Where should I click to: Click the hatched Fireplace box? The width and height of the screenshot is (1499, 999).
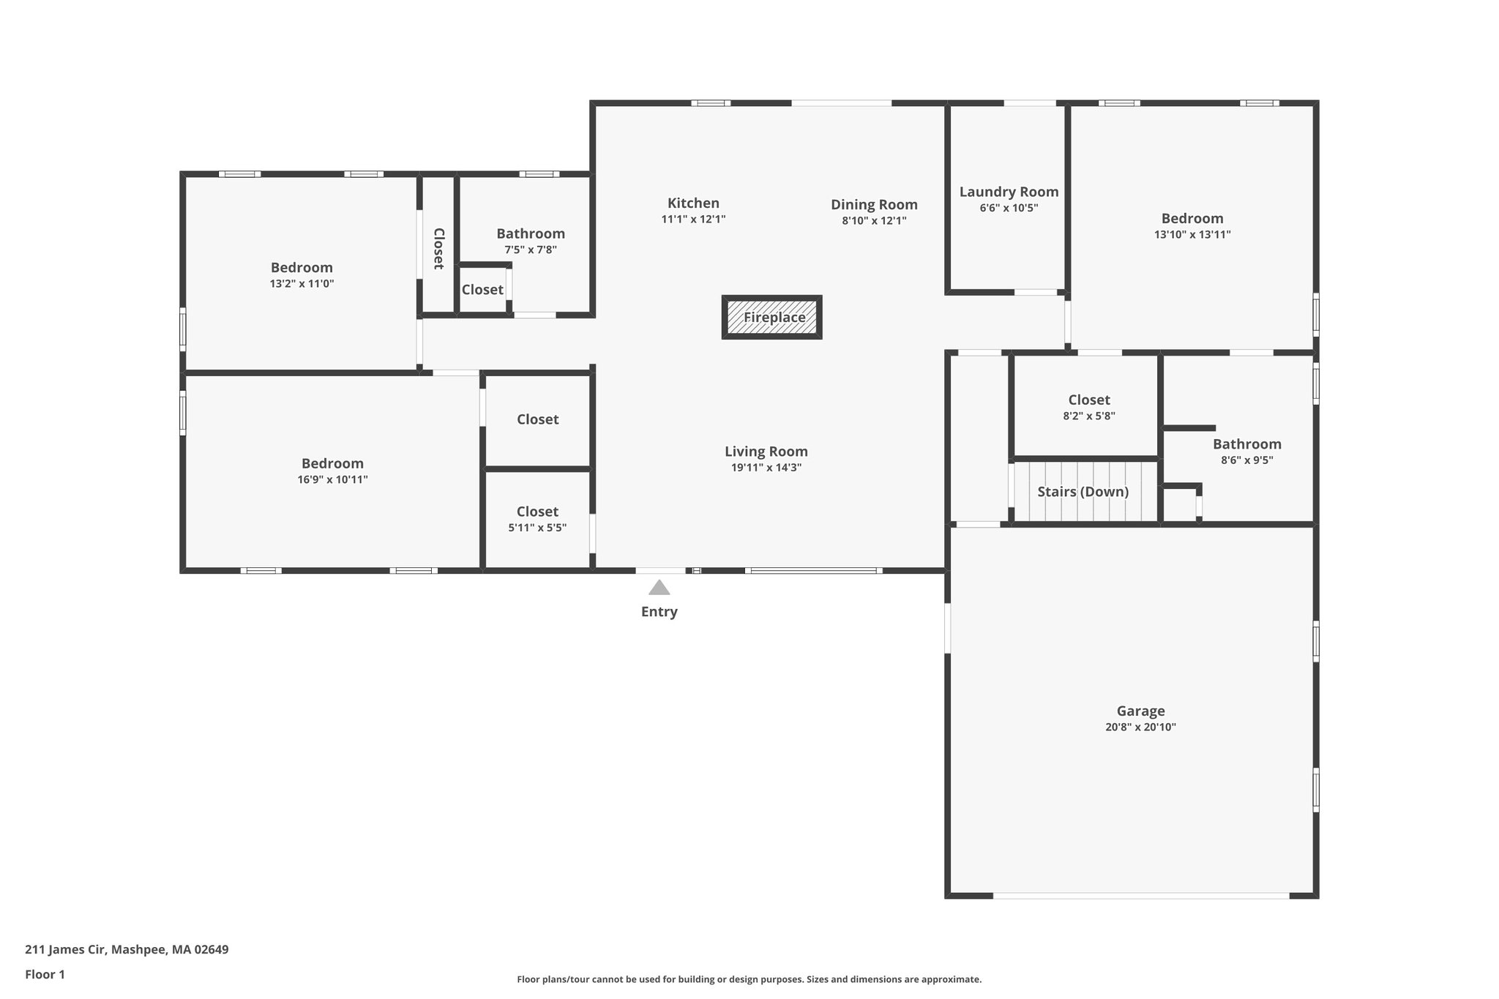click(x=772, y=318)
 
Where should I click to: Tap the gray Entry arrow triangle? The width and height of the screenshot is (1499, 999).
click(x=659, y=588)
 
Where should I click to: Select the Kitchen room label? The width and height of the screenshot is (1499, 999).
click(x=693, y=203)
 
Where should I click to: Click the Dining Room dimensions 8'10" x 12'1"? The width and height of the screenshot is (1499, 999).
click(x=874, y=220)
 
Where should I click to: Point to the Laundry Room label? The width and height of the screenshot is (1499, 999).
click(x=1009, y=192)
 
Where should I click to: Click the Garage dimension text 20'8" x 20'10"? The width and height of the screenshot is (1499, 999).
click(x=1140, y=727)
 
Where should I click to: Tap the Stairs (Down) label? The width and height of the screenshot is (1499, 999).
click(x=1083, y=492)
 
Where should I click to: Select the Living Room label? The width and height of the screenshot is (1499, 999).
click(x=766, y=452)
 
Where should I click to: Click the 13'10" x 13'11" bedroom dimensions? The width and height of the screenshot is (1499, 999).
click(x=1192, y=235)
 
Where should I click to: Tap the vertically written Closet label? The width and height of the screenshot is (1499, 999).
click(x=438, y=249)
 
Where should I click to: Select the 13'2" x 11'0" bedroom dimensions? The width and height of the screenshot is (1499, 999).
click(x=302, y=283)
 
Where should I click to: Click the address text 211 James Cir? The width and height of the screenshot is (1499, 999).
click(x=127, y=950)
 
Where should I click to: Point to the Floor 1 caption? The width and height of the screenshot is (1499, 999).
click(x=45, y=974)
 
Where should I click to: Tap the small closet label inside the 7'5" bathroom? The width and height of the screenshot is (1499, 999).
click(x=482, y=290)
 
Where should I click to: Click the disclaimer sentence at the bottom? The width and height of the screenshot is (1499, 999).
click(x=749, y=979)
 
